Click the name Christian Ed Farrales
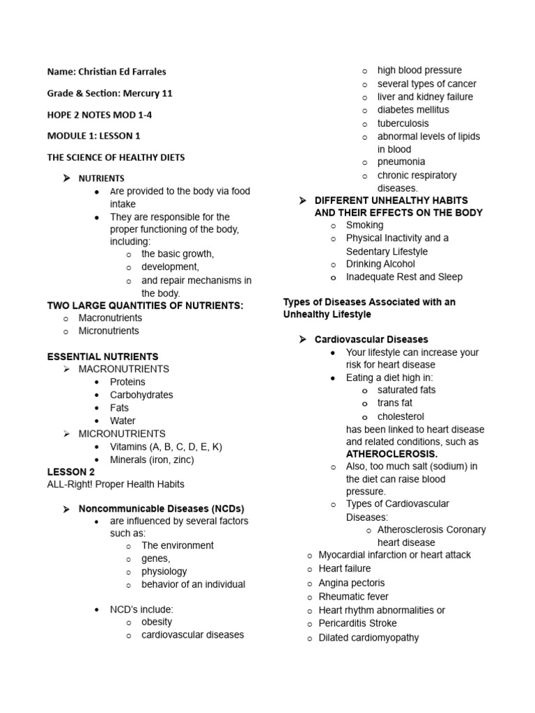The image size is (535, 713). point(122,71)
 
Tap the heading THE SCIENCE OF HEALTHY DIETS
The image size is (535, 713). point(116,157)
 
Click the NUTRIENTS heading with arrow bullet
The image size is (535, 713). point(101,178)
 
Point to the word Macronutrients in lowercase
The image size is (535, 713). point(110,318)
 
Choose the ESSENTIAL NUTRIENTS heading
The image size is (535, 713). point(102,356)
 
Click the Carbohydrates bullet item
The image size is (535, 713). point(141,395)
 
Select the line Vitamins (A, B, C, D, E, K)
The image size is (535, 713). point(166,446)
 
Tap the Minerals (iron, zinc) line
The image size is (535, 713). point(152,460)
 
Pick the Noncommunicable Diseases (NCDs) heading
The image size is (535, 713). point(161,508)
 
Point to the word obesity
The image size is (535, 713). point(157,622)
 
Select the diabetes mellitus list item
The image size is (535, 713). point(413,109)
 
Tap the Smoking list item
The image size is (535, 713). point(364,225)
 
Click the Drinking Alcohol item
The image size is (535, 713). point(380,264)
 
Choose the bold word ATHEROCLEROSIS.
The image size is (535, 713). point(391,454)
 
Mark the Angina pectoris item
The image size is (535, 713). point(351,583)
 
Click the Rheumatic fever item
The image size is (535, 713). point(353,597)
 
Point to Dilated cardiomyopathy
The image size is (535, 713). point(369,637)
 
